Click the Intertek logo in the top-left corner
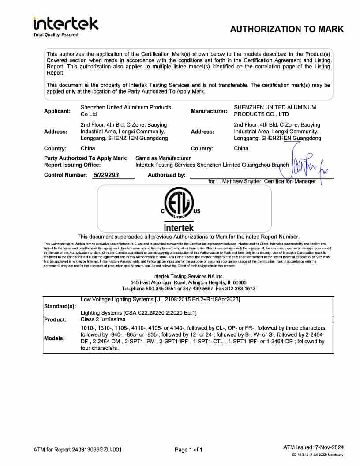click(x=66, y=26)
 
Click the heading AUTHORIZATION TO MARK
click(x=287, y=30)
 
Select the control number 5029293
click(x=106, y=175)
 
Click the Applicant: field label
click(x=57, y=111)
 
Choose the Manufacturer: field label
click(x=209, y=111)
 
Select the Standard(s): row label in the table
click(x=60, y=306)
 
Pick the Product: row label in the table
click(x=55, y=319)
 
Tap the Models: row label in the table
click(x=54, y=338)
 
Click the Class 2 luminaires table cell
click(x=103, y=319)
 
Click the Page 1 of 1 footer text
click(x=188, y=450)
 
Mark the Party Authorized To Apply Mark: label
click(x=86, y=158)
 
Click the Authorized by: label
click(x=166, y=175)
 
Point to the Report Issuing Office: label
click(x=72, y=165)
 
